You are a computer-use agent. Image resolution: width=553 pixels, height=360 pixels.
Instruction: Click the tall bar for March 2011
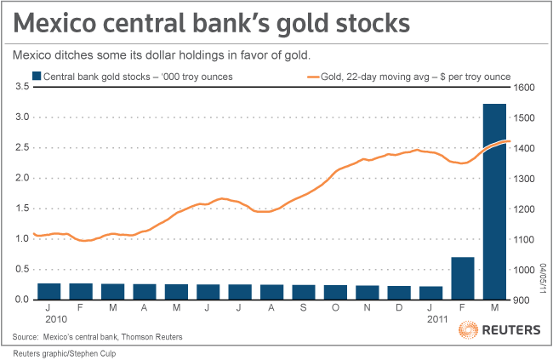(494, 201)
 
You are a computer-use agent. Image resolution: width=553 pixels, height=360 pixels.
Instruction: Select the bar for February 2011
(463, 278)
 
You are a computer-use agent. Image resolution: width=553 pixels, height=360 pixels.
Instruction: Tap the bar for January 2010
(49, 291)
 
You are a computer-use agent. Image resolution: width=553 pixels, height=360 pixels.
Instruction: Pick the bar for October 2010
(335, 292)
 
